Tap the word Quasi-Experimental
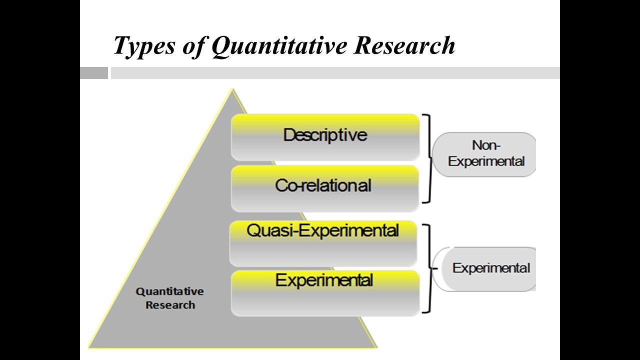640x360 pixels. [x=323, y=230]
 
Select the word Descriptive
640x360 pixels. [x=325, y=135]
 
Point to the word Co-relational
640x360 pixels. [x=323, y=185]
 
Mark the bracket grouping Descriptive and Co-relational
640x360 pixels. [x=428, y=158]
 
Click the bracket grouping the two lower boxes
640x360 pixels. [x=428, y=268]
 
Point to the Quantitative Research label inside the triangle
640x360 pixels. [x=170, y=297]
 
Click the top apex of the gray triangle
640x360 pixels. [x=231, y=91]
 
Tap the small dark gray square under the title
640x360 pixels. [x=94, y=73]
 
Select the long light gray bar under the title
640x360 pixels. [x=335, y=73]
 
